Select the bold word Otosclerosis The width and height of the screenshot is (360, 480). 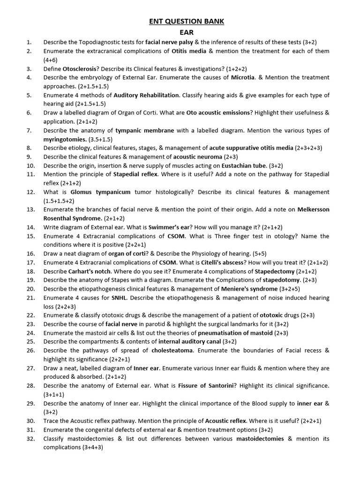click(x=82, y=68)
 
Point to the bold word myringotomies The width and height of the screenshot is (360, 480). click(x=65, y=139)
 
